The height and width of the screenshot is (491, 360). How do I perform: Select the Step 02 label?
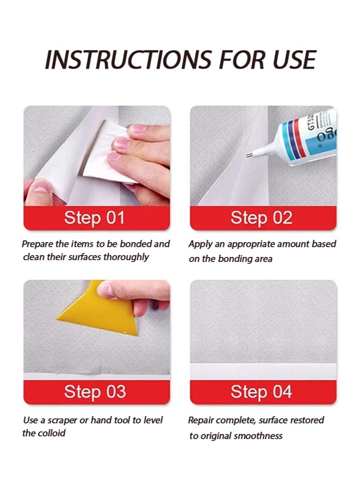pos(261,218)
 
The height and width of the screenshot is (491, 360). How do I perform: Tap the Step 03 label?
pos(94,392)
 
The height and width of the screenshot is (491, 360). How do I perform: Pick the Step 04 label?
pos(261,392)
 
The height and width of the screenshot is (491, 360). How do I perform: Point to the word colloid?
pos(50,433)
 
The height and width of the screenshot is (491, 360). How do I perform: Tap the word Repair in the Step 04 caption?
pos(201,420)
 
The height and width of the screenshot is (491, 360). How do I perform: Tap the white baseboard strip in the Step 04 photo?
pos(263,371)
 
